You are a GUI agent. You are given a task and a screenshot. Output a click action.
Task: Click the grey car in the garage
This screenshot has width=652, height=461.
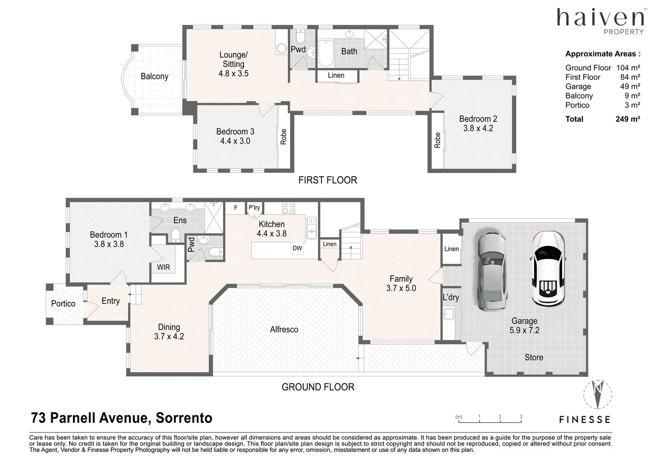click(492, 271)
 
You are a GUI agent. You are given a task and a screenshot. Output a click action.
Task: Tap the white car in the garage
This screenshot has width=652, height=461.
click(549, 269)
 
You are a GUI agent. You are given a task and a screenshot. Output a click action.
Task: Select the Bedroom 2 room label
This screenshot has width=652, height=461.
click(478, 119)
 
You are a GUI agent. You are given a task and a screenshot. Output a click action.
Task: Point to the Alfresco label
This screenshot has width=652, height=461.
click(284, 330)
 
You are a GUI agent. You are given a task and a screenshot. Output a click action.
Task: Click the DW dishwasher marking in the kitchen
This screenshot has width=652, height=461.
click(297, 248)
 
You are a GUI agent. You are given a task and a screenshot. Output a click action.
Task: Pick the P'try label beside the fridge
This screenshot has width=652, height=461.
click(254, 207)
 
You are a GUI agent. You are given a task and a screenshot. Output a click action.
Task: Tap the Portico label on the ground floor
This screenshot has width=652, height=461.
click(63, 303)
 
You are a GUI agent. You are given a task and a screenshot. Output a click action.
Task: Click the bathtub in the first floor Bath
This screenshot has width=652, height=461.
click(326, 53)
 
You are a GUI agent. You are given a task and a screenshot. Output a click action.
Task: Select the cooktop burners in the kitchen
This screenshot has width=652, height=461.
click(289, 208)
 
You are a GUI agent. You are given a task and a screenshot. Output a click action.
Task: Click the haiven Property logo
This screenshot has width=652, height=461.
click(600, 21)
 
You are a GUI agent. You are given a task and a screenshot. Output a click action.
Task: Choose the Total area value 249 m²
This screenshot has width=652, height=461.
click(628, 119)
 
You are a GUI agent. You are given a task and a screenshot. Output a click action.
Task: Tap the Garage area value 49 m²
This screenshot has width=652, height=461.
click(630, 86)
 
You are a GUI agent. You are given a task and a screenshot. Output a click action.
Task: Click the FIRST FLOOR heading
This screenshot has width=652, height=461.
click(328, 180)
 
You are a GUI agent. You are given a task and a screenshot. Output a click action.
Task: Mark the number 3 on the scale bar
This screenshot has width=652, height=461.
click(521, 417)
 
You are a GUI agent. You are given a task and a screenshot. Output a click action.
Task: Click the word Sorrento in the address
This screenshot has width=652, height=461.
click(184, 418)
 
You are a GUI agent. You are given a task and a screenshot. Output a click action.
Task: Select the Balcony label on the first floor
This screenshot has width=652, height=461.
click(155, 76)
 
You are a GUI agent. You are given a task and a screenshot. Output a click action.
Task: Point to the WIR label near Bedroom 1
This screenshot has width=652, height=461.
click(163, 267)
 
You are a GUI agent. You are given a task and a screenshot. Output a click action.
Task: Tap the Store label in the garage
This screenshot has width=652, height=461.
click(534, 357)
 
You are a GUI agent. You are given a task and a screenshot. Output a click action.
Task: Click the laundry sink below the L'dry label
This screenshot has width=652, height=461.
click(448, 314)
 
